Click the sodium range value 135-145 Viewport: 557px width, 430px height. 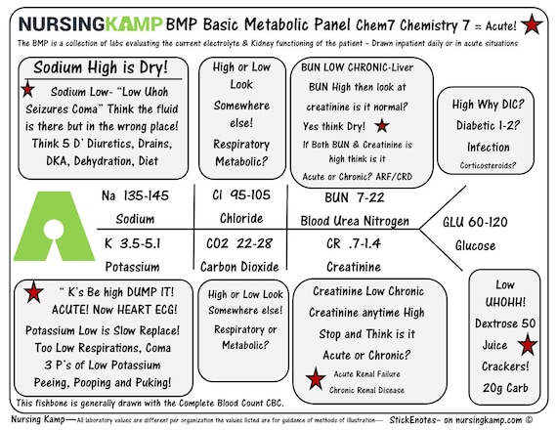click(x=146, y=195)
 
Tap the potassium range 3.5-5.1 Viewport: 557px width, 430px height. click(x=140, y=243)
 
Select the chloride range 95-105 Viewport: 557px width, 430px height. click(x=250, y=194)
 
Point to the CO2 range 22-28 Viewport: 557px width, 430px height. click(x=254, y=243)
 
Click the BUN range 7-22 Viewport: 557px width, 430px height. click(x=369, y=197)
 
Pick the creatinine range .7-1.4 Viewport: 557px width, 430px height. click(x=364, y=243)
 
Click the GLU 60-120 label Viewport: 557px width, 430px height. click(x=475, y=222)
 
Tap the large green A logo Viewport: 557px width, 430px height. click(x=54, y=226)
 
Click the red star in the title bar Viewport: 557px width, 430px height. click(x=532, y=24)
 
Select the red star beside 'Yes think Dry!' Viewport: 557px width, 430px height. click(x=382, y=126)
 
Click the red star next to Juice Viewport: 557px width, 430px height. click(x=528, y=345)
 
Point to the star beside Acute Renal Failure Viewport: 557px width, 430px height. click(x=316, y=378)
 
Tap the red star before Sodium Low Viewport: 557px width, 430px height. click(x=27, y=89)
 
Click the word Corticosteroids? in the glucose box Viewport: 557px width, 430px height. click(x=488, y=165)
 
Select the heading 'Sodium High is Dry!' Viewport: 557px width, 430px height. click(x=101, y=67)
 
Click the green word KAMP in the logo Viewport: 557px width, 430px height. click(x=134, y=24)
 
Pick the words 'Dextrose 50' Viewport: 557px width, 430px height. click(x=505, y=323)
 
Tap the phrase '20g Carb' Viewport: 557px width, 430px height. click(x=505, y=388)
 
